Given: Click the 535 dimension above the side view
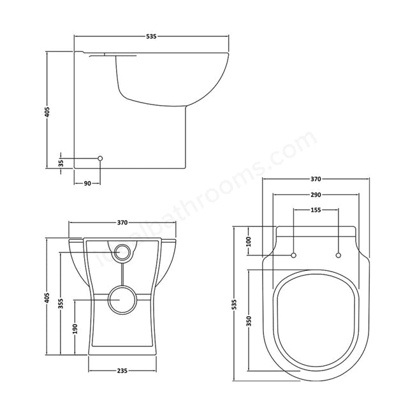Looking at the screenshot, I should point(151,36).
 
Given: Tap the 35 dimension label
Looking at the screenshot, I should point(61,163).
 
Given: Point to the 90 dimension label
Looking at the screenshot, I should point(87,184).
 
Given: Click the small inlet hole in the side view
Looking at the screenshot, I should point(100,157).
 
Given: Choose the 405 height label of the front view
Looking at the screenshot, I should point(47,297).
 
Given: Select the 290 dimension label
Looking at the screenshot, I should point(316,194).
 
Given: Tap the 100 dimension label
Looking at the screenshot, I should point(249,241).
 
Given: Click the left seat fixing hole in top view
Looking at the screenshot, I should point(294,256).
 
